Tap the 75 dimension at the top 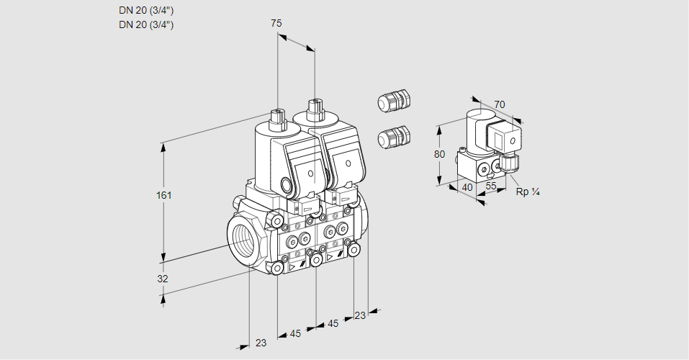[276, 24]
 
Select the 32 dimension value [163, 279]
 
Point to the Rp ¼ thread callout [528, 192]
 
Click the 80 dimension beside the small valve [441, 154]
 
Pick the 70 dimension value [500, 104]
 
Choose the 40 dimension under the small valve [467, 186]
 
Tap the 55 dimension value [492, 186]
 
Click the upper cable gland [393, 101]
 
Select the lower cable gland [393, 136]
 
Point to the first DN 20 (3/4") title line [146, 10]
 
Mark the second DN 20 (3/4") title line [146, 24]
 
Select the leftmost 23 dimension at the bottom [261, 343]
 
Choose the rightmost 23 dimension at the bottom [360, 315]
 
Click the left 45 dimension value [296, 333]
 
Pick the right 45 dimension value [333, 324]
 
